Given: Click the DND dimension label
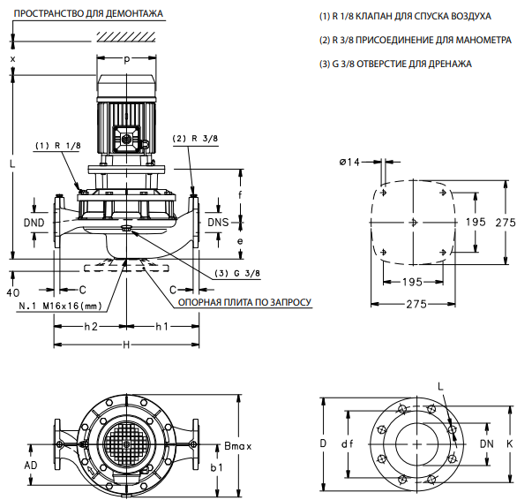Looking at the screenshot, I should pyautogui.click(x=34, y=223).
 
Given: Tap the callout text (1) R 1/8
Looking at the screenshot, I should pyautogui.click(x=57, y=145).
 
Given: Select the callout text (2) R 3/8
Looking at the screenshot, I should pyautogui.click(x=195, y=139).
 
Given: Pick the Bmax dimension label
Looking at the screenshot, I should pyautogui.click(x=237, y=445).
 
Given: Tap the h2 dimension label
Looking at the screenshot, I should pyautogui.click(x=90, y=326).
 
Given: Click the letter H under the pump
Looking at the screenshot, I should pyautogui.click(x=126, y=345).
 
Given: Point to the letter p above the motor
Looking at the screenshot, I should pyautogui.click(x=127, y=59).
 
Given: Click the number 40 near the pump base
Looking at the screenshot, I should pyautogui.click(x=12, y=292).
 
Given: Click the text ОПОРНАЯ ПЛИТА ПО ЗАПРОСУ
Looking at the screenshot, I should pyautogui.click(x=245, y=301).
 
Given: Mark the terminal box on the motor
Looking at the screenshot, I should pyautogui.click(x=127, y=139).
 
